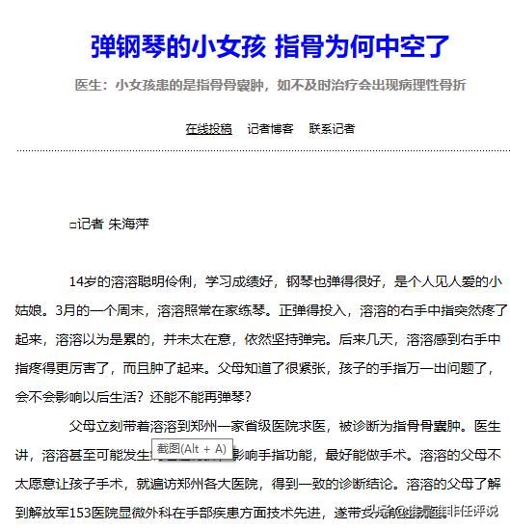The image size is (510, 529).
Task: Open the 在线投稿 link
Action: click(x=208, y=128)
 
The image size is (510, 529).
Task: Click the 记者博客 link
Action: click(x=270, y=128)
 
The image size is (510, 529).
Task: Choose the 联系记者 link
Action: click(x=332, y=128)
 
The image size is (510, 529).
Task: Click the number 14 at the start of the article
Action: click(x=77, y=282)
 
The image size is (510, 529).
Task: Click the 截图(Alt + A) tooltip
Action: click(x=192, y=448)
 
